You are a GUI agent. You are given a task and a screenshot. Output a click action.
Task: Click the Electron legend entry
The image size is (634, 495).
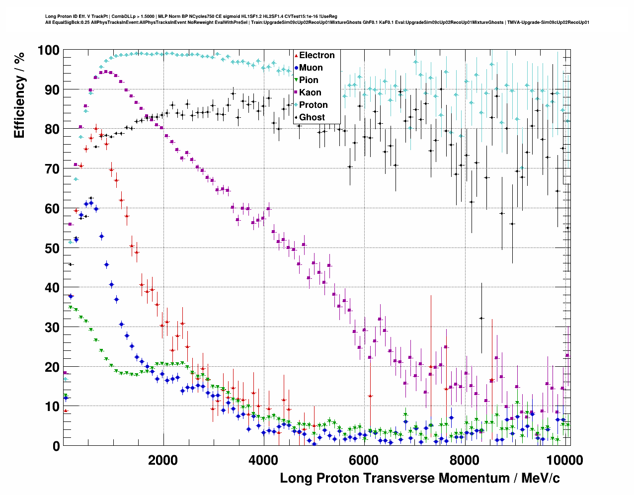point(317,55)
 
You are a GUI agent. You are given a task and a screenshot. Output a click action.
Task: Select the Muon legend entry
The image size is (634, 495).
point(311,68)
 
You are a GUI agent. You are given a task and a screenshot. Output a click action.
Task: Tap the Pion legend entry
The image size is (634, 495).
point(309,80)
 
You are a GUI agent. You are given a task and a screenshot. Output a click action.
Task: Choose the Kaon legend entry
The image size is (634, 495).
point(310,92)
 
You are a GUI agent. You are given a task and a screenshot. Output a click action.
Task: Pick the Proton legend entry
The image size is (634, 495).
point(313,105)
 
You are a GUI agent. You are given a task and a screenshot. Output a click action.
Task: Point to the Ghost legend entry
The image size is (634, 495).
point(312,117)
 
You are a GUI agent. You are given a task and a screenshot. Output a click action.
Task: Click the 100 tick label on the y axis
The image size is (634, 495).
point(48,50)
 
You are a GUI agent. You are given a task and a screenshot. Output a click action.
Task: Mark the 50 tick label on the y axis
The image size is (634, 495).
point(52,248)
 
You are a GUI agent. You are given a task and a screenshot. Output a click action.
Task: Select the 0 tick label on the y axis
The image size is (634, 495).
point(56,446)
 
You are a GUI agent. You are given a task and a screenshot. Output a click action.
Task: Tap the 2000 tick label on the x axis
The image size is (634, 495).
point(163,460)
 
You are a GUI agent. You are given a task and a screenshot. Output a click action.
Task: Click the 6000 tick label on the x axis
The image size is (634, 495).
point(364,460)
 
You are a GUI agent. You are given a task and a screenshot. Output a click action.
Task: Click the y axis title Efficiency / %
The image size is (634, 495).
point(19,95)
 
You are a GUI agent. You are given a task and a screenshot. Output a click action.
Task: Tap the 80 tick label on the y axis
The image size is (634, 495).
point(52,129)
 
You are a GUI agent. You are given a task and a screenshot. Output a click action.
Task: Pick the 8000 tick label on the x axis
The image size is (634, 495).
point(464,460)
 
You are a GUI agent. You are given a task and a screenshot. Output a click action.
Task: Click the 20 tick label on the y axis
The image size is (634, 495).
point(52,367)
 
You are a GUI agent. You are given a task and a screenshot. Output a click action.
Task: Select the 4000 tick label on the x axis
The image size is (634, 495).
point(263,460)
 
